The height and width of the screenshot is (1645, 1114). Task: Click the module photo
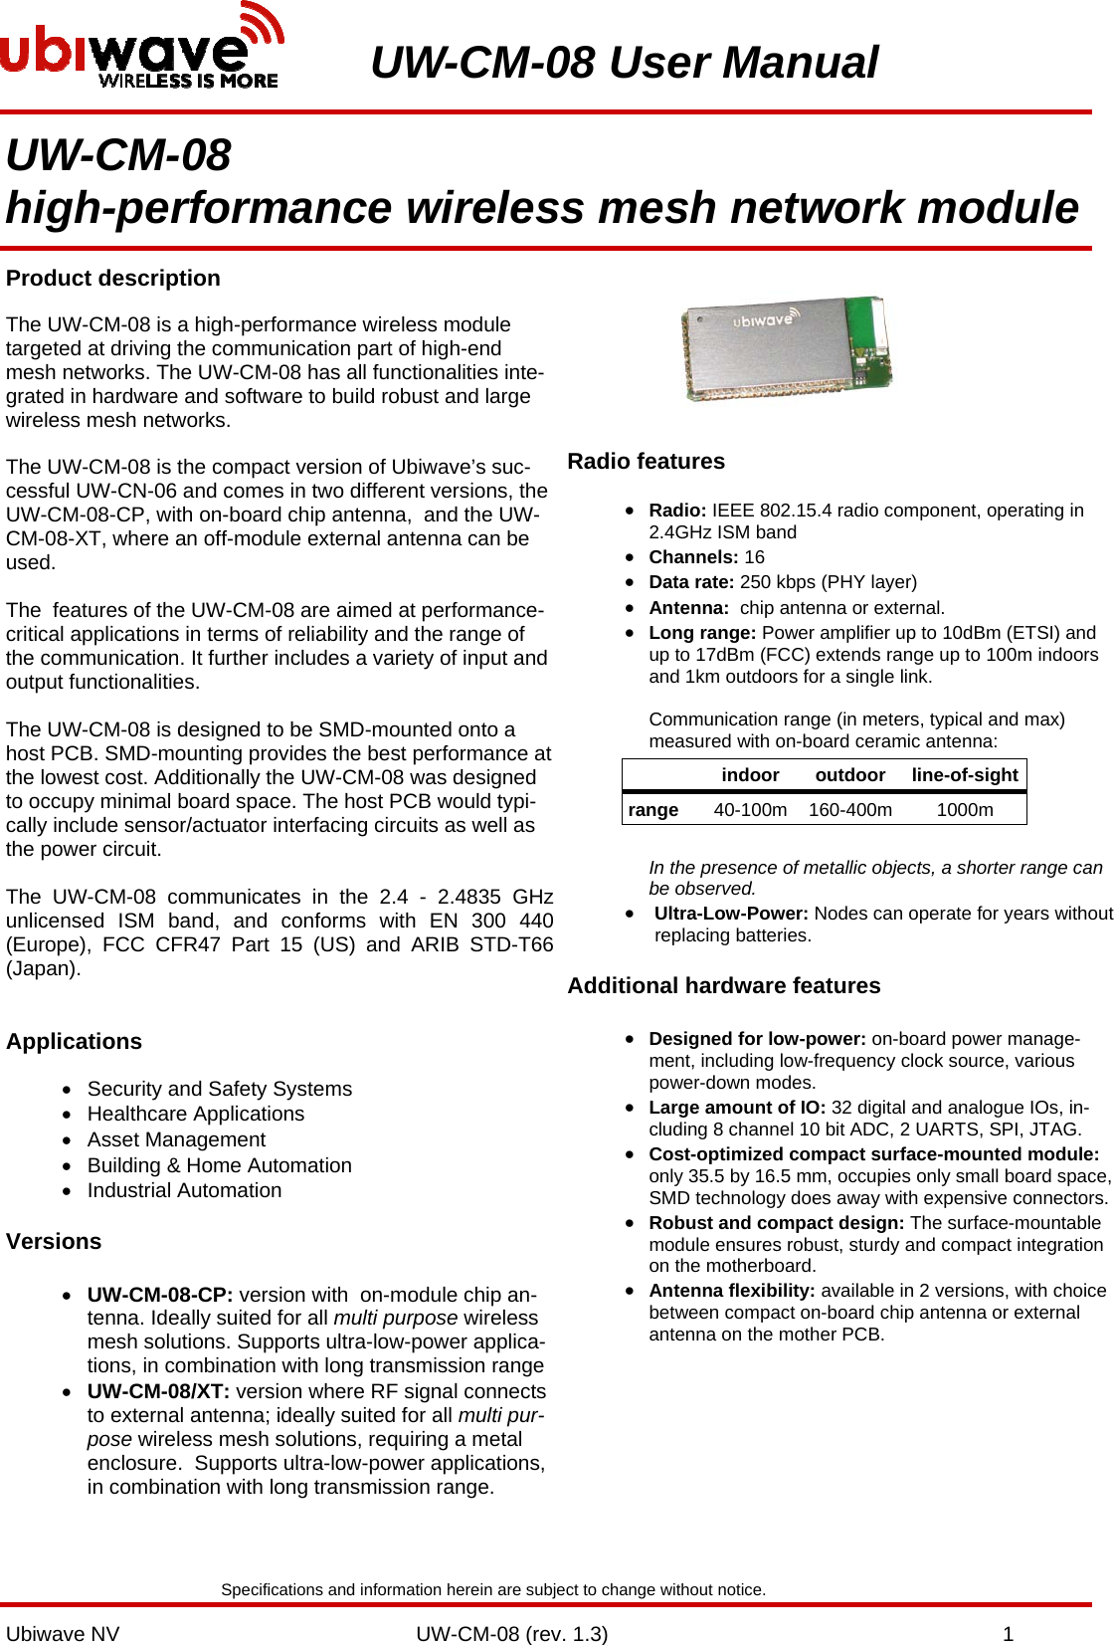tap(786, 348)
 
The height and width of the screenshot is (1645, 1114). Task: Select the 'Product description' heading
tap(113, 279)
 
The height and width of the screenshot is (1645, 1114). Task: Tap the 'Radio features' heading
tap(646, 462)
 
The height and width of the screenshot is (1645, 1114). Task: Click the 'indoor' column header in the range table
tap(750, 775)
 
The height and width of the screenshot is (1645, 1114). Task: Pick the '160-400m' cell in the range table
tap(849, 810)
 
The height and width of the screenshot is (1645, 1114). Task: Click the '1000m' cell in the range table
tap(964, 810)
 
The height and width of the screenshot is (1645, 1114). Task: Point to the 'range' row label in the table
tap(652, 810)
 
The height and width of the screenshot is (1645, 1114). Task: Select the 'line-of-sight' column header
tap(964, 775)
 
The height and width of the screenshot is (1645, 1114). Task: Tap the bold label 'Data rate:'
tap(691, 582)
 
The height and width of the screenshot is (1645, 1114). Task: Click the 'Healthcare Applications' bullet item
tap(196, 1115)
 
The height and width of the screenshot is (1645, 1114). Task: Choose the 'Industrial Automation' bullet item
tap(184, 1191)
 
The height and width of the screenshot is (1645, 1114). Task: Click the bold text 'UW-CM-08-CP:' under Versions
tap(160, 1295)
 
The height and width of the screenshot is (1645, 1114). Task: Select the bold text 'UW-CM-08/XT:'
tap(158, 1391)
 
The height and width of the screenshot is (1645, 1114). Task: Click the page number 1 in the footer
tap(1008, 1634)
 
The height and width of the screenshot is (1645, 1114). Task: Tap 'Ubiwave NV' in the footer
tap(63, 1634)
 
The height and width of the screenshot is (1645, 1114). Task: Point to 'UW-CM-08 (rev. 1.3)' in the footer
tap(511, 1634)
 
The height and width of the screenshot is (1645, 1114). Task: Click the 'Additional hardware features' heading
tap(723, 986)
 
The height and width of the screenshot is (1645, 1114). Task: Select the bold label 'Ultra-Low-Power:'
tap(731, 914)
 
